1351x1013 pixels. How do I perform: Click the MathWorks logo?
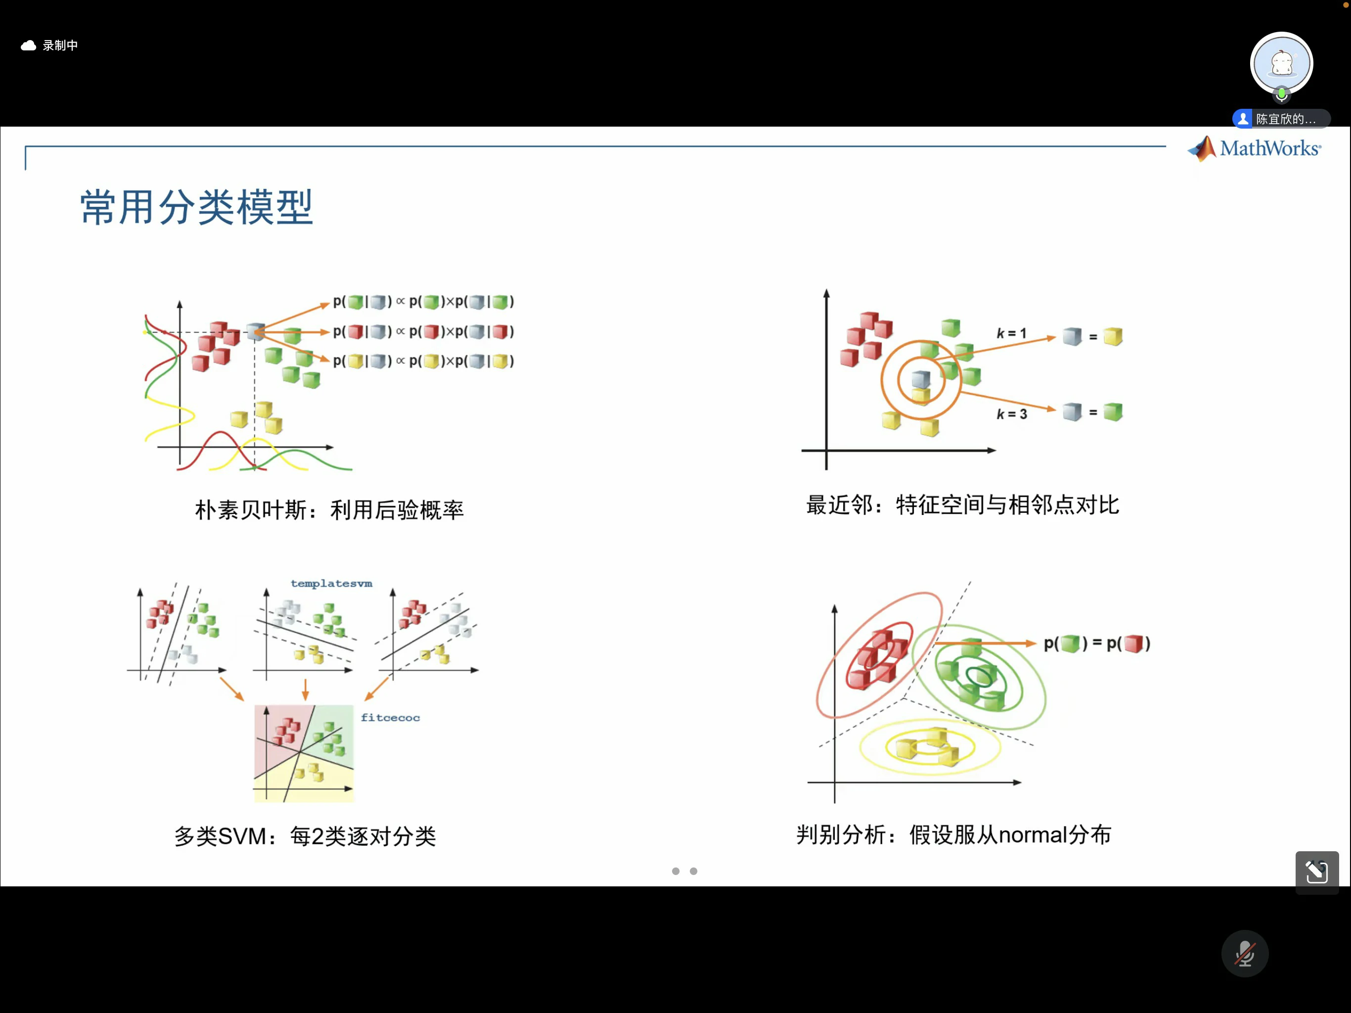coord(1255,148)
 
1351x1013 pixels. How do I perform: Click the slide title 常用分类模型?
coord(197,207)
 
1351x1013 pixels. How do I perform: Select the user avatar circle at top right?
coord(1281,63)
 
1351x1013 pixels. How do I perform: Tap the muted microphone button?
coord(1245,953)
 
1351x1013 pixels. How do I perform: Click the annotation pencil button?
coord(1317,872)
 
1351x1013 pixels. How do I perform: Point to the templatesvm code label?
coord(332,584)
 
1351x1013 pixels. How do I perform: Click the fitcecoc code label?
coord(390,717)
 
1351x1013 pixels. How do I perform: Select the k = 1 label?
coord(1011,333)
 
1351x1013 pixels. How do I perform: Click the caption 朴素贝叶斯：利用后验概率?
coord(329,509)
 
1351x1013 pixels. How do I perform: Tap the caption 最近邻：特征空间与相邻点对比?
coord(962,505)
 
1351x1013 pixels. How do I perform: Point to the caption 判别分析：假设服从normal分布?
coord(953,834)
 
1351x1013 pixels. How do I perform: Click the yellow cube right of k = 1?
coord(1113,336)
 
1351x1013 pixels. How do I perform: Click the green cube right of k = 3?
coord(1113,412)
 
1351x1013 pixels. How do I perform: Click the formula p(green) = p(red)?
coord(1097,644)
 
